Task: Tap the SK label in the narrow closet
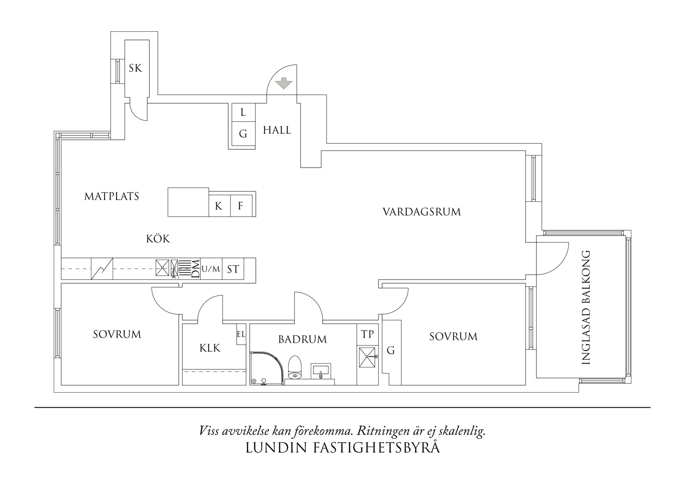(136, 69)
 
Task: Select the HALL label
(277, 130)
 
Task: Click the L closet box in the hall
(243, 113)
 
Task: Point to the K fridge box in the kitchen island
(219, 206)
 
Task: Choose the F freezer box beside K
(241, 206)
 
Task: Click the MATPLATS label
(112, 196)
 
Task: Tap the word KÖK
(158, 239)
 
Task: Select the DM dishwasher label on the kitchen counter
(196, 269)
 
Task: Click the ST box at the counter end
(233, 269)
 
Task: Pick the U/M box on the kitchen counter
(211, 269)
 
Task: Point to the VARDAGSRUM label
(421, 212)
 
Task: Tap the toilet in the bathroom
(294, 368)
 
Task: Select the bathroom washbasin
(321, 371)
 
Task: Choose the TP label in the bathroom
(367, 334)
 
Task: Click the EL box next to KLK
(241, 334)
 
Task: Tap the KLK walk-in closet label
(210, 348)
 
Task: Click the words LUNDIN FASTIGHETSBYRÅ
(342, 448)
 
